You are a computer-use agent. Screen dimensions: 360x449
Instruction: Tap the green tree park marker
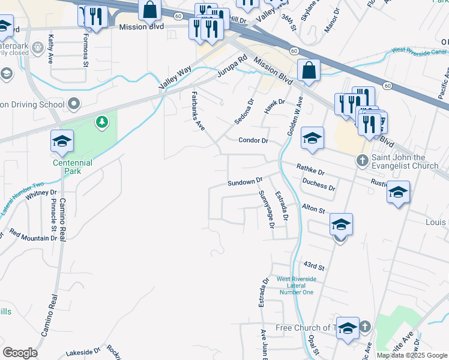click(102, 122)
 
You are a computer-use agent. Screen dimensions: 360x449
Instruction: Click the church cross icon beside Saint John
click(362, 160)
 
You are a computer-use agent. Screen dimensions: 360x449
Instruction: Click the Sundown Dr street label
click(245, 181)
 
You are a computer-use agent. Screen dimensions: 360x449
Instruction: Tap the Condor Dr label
click(253, 140)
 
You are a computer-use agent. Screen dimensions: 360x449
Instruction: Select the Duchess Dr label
click(318, 183)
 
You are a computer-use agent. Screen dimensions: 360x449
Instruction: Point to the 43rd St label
click(313, 265)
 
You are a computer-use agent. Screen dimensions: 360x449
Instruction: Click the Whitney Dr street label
click(41, 193)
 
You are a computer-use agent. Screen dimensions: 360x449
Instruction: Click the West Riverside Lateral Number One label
click(296, 286)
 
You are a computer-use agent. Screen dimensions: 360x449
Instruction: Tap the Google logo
click(20, 353)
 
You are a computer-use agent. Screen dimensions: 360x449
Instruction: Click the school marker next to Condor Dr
click(312, 139)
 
